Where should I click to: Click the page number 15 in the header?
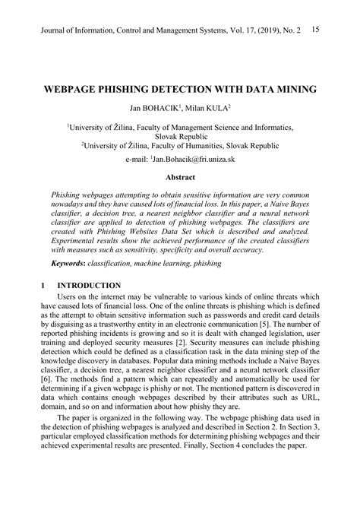point(316,28)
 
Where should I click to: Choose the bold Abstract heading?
point(179,180)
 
